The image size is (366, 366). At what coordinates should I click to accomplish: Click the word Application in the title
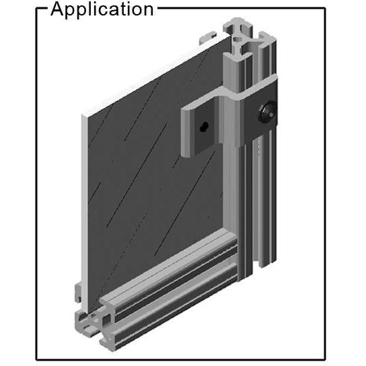[x=102, y=9]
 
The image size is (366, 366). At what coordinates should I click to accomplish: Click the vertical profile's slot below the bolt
[x=258, y=202]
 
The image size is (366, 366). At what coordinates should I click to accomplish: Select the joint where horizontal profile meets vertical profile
[x=235, y=252]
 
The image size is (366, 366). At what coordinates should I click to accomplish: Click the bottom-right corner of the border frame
[x=326, y=359]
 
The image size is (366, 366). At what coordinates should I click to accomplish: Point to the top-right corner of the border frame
[x=326, y=9]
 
